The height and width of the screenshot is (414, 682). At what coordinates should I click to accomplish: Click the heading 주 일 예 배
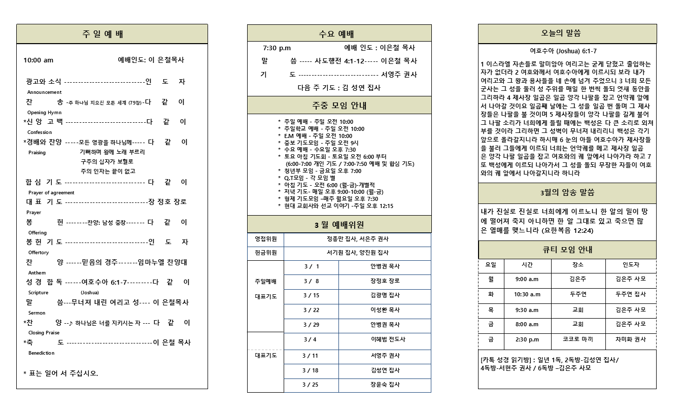pyautogui.click(x=103, y=34)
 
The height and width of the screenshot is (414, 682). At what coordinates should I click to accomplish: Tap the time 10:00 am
pyautogui.click(x=39, y=60)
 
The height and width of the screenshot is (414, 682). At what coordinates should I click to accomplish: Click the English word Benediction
pyautogui.click(x=41, y=353)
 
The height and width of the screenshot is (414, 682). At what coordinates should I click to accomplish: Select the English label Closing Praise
pyautogui.click(x=44, y=333)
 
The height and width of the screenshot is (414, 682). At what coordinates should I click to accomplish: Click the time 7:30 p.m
pyautogui.click(x=277, y=48)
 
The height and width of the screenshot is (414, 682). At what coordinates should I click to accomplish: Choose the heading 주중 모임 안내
pyautogui.click(x=339, y=106)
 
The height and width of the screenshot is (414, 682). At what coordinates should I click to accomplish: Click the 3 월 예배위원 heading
pyautogui.click(x=339, y=225)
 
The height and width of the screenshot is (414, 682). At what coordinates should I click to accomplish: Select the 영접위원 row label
pyautogui.click(x=265, y=239)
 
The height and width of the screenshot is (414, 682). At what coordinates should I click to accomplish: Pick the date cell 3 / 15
pyautogui.click(x=311, y=296)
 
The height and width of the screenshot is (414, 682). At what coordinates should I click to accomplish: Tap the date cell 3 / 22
pyautogui.click(x=311, y=310)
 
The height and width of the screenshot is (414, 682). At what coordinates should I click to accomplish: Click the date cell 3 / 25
pyautogui.click(x=310, y=385)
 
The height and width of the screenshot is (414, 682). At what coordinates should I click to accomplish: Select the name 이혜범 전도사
pyautogui.click(x=385, y=339)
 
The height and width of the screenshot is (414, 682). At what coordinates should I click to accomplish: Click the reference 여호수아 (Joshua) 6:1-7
pyautogui.click(x=563, y=51)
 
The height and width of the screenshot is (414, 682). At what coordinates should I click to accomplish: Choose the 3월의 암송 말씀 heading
pyautogui.click(x=567, y=193)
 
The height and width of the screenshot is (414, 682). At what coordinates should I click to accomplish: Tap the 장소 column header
pyautogui.click(x=577, y=265)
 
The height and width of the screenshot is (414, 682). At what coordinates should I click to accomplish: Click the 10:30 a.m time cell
pyautogui.click(x=527, y=294)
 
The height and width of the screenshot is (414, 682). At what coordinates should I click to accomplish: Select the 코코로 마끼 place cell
pyautogui.click(x=577, y=339)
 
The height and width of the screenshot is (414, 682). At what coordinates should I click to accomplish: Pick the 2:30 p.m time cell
pyautogui.click(x=527, y=339)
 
